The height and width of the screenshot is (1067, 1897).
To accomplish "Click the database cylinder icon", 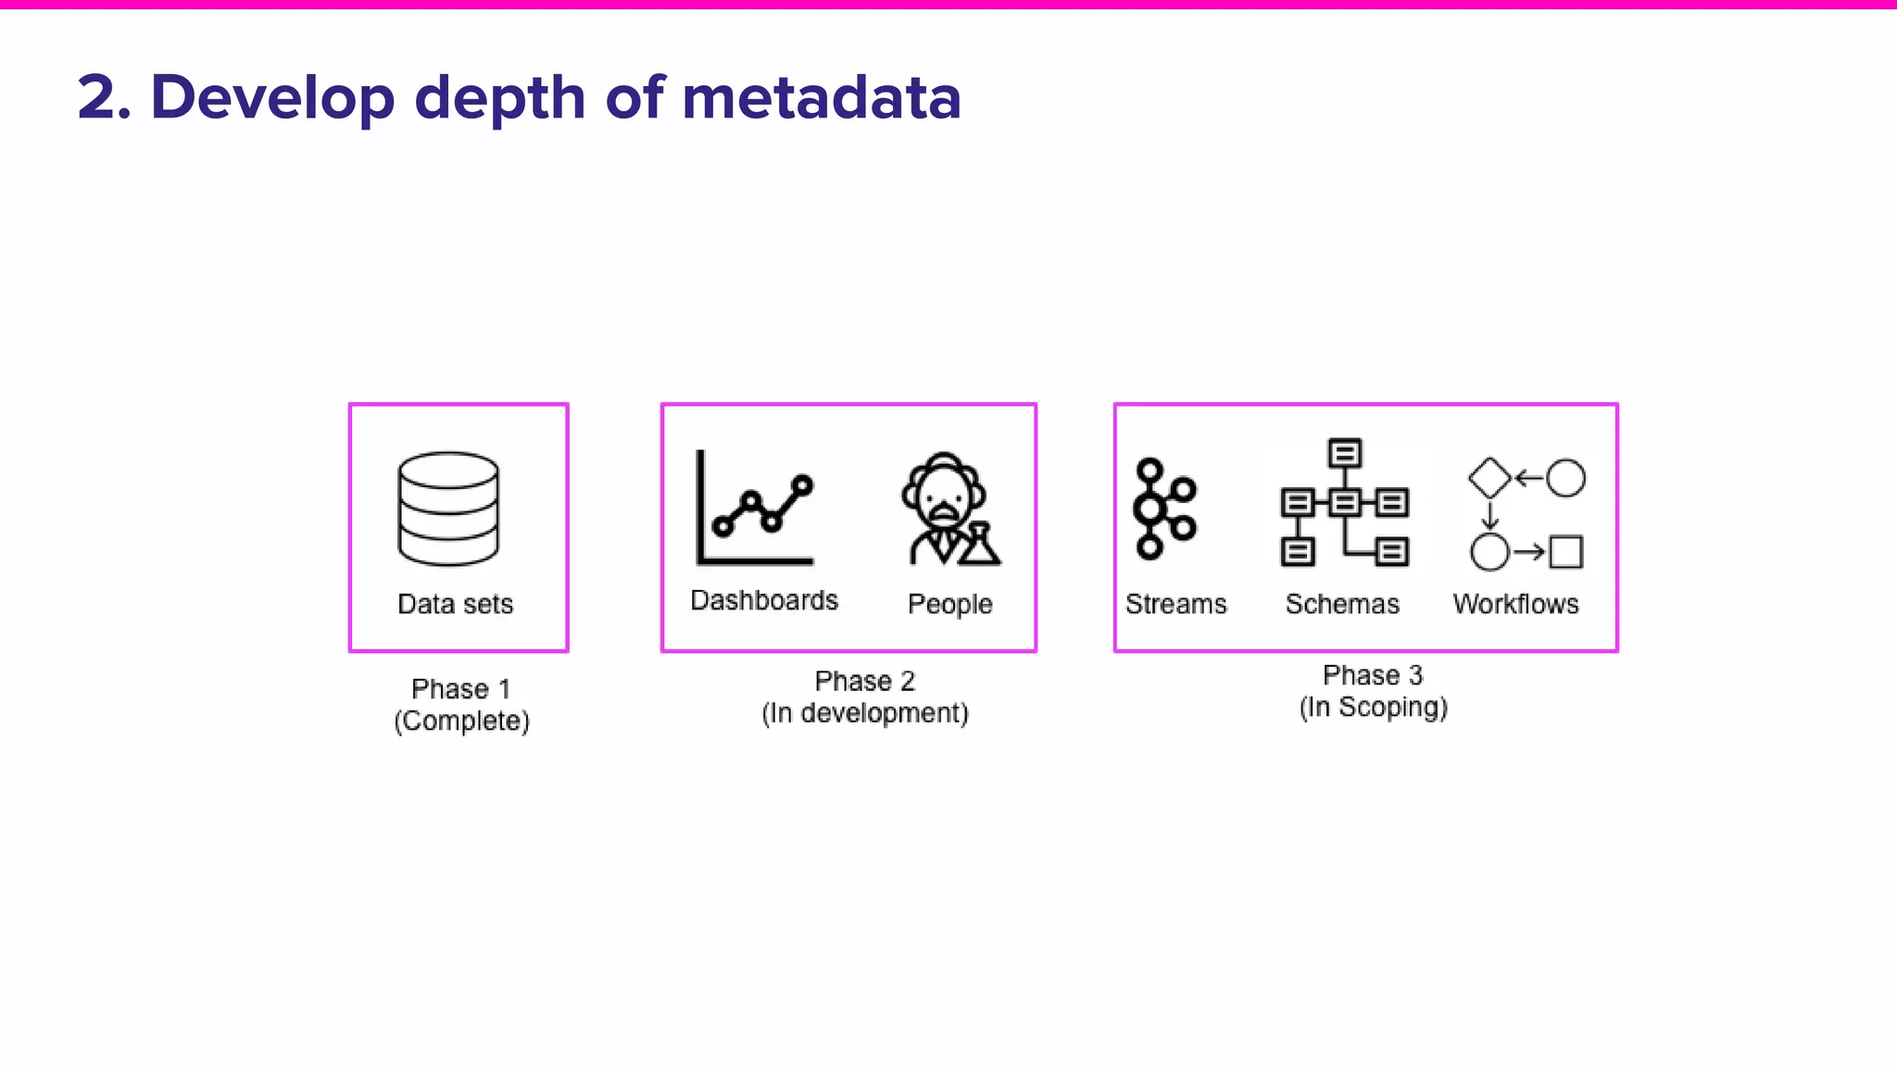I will pos(448,508).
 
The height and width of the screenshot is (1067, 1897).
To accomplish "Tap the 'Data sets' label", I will pos(455,604).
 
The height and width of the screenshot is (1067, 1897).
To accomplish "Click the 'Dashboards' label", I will pos(764,600).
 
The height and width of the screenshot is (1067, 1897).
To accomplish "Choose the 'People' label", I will pos(949,604).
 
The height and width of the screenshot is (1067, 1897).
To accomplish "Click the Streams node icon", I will pos(1163,508).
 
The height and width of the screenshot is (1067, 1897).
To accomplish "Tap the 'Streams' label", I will pos(1175,604).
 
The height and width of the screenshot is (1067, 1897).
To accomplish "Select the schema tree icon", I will pos(1345,502).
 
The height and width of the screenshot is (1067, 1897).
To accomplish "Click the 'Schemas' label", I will pos(1342,604).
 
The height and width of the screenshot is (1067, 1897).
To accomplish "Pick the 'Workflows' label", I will pos(1515,604).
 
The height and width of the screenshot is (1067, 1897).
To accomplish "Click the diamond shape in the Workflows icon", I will pos(1489,478).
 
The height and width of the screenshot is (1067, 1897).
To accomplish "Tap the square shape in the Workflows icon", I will pos(1566,552).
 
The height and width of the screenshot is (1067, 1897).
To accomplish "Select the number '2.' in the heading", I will pos(105,97).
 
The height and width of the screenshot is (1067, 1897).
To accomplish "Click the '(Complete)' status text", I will pos(461,721).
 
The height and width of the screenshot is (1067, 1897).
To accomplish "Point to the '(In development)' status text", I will pos(865,713).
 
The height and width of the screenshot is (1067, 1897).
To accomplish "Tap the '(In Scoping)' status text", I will pos(1373,708).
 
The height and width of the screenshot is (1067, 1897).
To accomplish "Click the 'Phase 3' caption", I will pos(1373,675).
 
